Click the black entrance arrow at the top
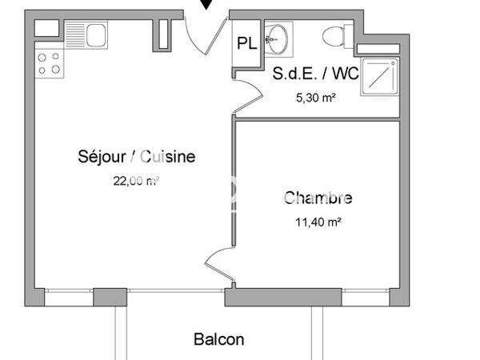(x=207, y=5)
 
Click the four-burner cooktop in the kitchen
(x=50, y=63)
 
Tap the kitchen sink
(x=95, y=34)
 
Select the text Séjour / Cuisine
(x=137, y=157)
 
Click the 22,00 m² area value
(x=137, y=181)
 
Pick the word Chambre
(x=318, y=198)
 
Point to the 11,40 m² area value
(x=318, y=222)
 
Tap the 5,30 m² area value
(x=315, y=98)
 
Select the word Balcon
(x=219, y=340)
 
